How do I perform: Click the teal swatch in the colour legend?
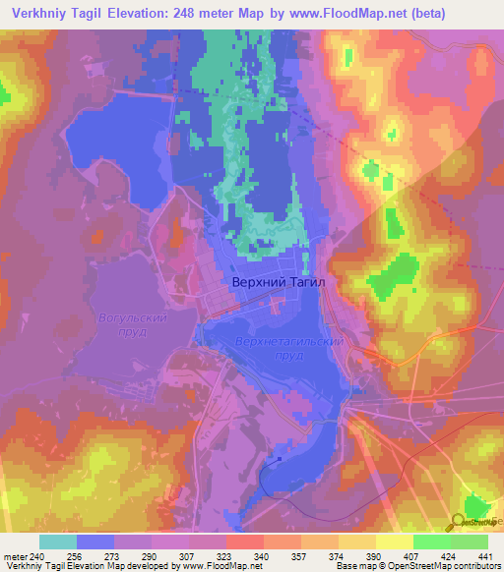coord(58,542)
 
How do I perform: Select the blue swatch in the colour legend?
coord(95,542)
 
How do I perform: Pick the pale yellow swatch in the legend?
coord(395,542)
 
